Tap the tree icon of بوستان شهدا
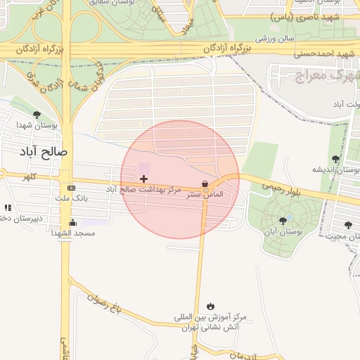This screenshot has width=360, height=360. pos(37,115)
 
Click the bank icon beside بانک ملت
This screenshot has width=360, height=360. pos(71,188)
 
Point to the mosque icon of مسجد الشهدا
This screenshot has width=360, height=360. pos(72,223)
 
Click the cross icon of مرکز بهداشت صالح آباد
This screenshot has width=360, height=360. pos(144,179)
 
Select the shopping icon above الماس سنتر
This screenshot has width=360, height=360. pos(205,184)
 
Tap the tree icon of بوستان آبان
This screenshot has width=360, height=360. pos(283,221)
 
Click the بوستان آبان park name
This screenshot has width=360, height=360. pos(283,231)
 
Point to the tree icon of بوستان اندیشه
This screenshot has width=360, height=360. pos(335,160)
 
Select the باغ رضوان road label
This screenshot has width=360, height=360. pos(105,301)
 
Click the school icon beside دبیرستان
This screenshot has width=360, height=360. pos(8,207)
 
